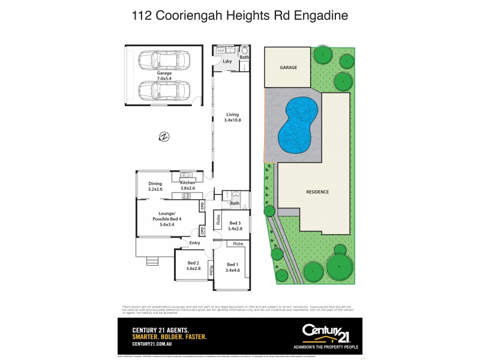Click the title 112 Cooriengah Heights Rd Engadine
240,16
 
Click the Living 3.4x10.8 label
232,117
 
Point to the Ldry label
227,61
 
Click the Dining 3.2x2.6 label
155,186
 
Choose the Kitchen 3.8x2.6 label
188,185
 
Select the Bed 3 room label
235,226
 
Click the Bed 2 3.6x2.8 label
193,266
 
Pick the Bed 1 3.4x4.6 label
232,268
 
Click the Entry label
194,243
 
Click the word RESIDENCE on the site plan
317,192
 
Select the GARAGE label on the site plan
288,68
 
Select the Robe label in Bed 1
238,244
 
